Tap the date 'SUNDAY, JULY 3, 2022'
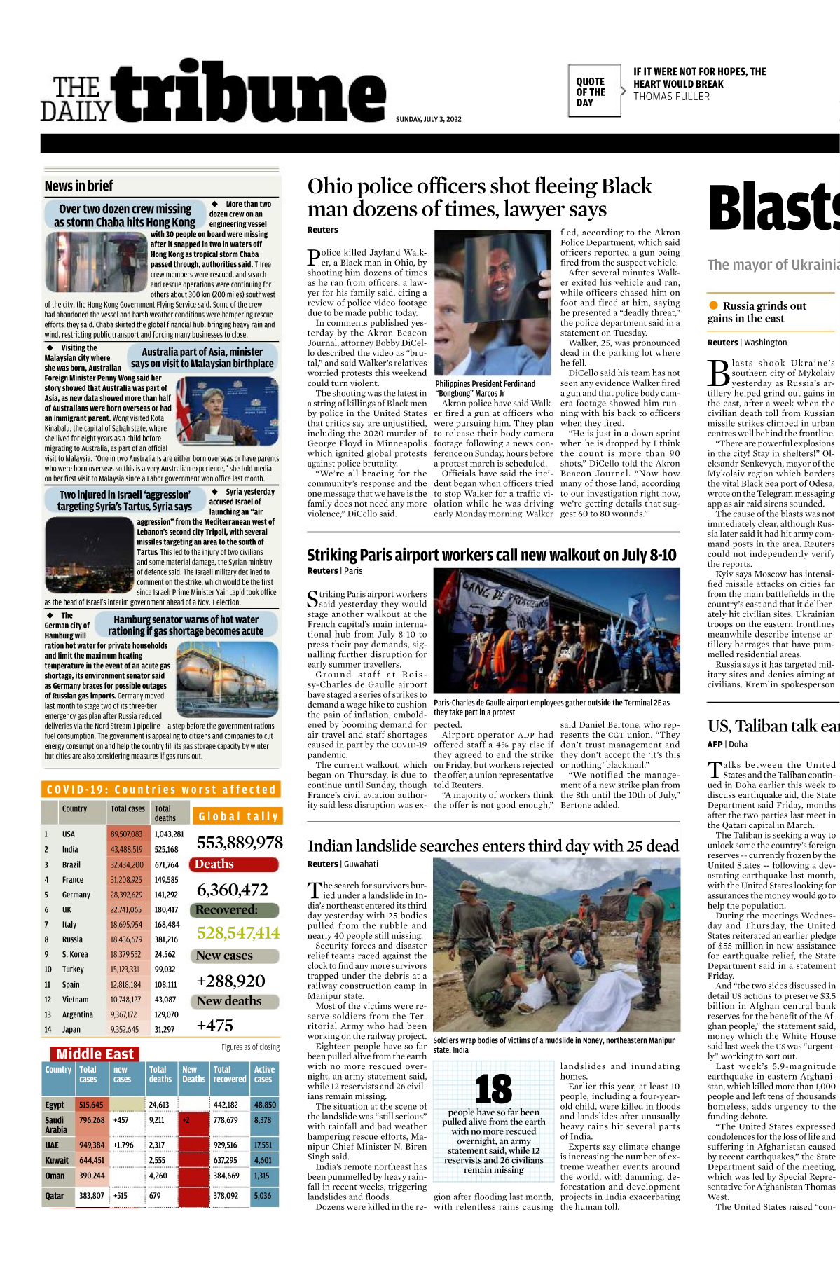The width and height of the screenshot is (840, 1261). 428,119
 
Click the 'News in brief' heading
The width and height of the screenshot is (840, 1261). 78,186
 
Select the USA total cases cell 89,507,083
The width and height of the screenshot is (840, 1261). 126,834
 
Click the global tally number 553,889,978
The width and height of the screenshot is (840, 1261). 240,842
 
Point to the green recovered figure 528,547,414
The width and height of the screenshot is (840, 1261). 237,932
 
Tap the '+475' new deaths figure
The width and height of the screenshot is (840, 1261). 214,1025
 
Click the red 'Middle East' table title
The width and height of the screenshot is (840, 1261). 95,1054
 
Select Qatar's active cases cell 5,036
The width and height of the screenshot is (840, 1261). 263,1195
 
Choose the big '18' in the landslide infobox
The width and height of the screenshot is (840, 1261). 493,1089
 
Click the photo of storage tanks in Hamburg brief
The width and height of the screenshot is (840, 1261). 227,676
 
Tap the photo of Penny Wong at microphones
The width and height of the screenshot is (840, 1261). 227,411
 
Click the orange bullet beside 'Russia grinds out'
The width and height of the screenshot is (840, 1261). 713,305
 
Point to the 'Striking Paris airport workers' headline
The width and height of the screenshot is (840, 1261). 492,555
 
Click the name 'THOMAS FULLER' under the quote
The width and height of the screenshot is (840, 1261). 671,97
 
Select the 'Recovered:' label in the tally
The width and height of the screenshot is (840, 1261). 226,910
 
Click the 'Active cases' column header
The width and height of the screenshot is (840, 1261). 263,1074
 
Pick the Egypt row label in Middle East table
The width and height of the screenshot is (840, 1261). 55,1105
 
